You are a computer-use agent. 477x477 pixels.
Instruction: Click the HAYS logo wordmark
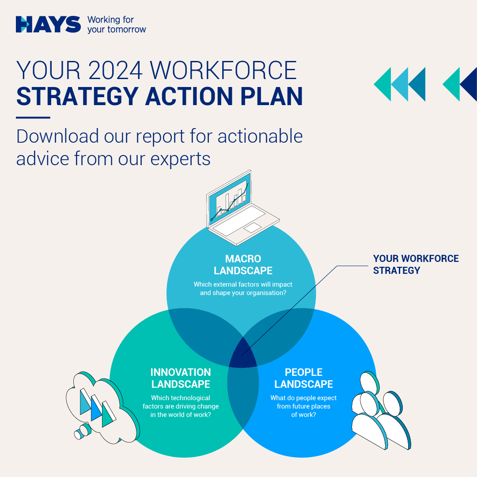click(x=48, y=24)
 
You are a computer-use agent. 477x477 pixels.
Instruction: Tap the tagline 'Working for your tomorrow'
click(x=117, y=25)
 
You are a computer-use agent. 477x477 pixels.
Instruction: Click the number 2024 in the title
click(x=115, y=70)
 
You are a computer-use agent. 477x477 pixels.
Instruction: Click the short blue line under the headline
click(x=33, y=117)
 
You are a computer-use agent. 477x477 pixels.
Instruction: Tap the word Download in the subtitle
click(x=57, y=136)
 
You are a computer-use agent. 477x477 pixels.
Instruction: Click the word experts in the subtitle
click(x=180, y=159)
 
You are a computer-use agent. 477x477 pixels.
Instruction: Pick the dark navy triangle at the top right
click(x=469, y=84)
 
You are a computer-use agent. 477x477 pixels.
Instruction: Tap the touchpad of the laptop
click(x=253, y=227)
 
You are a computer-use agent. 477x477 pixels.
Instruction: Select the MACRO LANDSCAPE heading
click(x=243, y=265)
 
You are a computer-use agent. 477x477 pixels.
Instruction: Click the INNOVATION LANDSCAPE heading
click(x=181, y=378)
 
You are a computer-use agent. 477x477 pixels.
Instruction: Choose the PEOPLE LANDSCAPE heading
click(x=303, y=378)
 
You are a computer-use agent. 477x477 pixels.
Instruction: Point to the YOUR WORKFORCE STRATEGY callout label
click(x=416, y=265)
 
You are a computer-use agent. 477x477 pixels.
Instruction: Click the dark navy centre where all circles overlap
click(x=243, y=353)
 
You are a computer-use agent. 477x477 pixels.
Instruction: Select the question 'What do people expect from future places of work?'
click(x=303, y=406)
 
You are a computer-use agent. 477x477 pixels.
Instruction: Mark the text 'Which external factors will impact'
click(x=243, y=284)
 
